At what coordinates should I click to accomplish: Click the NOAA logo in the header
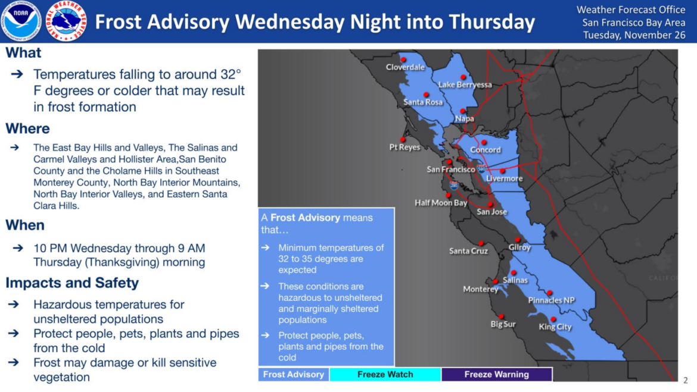[21, 21]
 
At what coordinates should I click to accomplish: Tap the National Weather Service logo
[66, 21]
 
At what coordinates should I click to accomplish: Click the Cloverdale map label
[405, 67]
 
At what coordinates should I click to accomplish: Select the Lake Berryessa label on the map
[465, 84]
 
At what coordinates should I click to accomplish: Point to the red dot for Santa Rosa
[426, 95]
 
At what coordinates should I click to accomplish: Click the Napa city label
[465, 118]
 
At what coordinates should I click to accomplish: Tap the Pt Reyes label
[404, 147]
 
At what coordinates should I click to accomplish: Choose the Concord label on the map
[486, 150]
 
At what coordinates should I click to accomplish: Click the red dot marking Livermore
[502, 171]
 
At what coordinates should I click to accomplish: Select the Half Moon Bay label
[441, 203]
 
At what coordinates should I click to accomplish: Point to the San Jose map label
[491, 212]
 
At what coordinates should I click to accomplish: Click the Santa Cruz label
[468, 251]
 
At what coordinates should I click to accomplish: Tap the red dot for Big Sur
[501, 316]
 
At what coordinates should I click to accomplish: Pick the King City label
[555, 327]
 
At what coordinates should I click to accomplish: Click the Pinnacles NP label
[551, 300]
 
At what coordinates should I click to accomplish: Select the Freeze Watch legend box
[385, 374]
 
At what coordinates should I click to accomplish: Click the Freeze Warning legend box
[496, 374]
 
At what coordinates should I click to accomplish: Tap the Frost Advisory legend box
[293, 374]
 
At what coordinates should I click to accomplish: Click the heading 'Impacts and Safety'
[72, 283]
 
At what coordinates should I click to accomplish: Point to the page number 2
[686, 380]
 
